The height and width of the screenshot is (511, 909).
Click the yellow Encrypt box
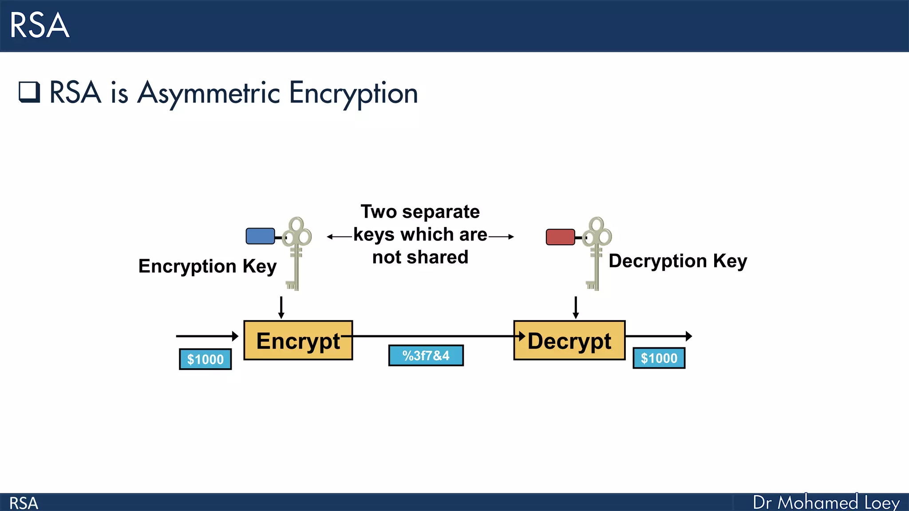click(x=298, y=340)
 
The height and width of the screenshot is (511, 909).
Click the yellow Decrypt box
click(x=569, y=340)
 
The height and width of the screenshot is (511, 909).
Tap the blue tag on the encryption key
click(x=260, y=236)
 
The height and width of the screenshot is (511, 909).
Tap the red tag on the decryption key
click(x=560, y=237)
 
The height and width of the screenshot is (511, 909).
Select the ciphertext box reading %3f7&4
click(x=426, y=355)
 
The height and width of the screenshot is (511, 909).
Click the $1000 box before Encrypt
click(x=205, y=359)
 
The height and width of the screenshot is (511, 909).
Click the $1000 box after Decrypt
click(x=659, y=358)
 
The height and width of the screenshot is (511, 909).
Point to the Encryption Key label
click(x=207, y=266)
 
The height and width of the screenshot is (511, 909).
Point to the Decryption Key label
click(x=677, y=261)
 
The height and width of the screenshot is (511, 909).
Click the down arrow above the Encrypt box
click(x=281, y=307)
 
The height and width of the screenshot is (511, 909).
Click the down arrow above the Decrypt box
click(x=576, y=307)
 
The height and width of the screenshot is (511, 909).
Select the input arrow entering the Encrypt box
click(x=207, y=336)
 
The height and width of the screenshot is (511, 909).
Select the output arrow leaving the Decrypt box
click(x=658, y=336)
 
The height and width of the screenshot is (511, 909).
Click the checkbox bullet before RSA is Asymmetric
click(x=29, y=92)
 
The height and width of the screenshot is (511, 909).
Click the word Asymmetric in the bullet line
click(x=209, y=93)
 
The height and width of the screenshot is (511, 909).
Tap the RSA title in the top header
click(x=39, y=25)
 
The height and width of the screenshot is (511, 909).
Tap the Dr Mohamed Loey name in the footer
click(x=826, y=503)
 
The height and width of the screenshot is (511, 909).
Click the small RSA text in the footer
click(x=24, y=503)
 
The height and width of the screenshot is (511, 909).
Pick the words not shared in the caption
click(x=420, y=257)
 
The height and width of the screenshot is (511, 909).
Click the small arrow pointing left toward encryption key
click(x=339, y=237)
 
